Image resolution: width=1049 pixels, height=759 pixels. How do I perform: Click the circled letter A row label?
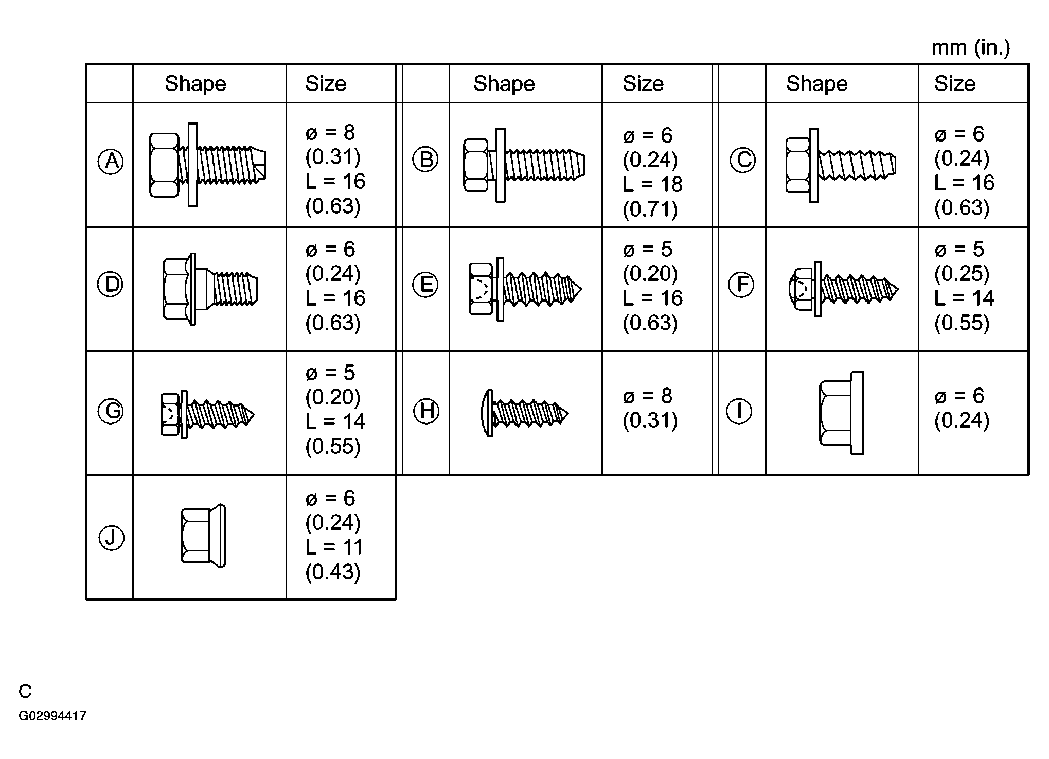coord(111,162)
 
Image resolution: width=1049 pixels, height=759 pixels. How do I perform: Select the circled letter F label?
coord(741,285)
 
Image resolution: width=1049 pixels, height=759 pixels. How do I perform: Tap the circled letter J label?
coord(111,538)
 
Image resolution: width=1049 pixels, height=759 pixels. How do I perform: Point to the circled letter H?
coord(426,411)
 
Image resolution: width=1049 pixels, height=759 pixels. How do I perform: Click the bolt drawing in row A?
coord(208,165)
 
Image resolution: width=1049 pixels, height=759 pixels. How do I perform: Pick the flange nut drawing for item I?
coord(841,413)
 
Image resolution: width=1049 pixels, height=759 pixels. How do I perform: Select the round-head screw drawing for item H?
coord(524,413)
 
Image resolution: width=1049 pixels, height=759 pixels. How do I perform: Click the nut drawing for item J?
coord(203,536)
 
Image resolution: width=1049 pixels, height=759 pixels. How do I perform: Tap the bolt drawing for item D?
coord(210,289)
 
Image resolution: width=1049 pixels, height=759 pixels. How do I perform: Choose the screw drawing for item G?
coord(207,414)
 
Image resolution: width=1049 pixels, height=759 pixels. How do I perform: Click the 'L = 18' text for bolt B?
coord(652,184)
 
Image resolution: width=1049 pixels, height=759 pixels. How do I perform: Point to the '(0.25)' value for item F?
coord(962,273)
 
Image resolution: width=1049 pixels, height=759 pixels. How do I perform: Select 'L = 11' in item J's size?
coord(334,547)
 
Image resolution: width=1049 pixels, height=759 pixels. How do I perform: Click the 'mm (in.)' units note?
coord(971,48)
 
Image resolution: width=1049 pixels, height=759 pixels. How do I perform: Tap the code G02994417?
coord(52,716)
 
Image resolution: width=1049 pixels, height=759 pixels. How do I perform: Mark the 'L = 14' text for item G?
coord(335,421)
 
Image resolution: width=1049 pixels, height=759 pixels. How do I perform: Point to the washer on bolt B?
coord(500,165)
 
